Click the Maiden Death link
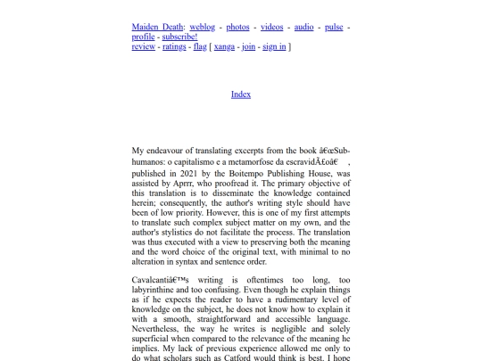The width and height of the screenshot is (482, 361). [157, 28]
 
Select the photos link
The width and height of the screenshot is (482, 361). [237, 28]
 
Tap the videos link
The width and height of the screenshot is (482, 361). [273, 28]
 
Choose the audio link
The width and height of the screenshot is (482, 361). [303, 28]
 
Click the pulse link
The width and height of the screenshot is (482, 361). [333, 28]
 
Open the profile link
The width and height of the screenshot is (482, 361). [143, 37]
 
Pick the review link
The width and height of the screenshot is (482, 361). [144, 47]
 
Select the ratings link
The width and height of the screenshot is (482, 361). [174, 47]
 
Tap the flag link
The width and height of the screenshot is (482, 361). [200, 47]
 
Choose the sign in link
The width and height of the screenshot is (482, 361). [275, 47]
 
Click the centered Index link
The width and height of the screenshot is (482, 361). [241, 94]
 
